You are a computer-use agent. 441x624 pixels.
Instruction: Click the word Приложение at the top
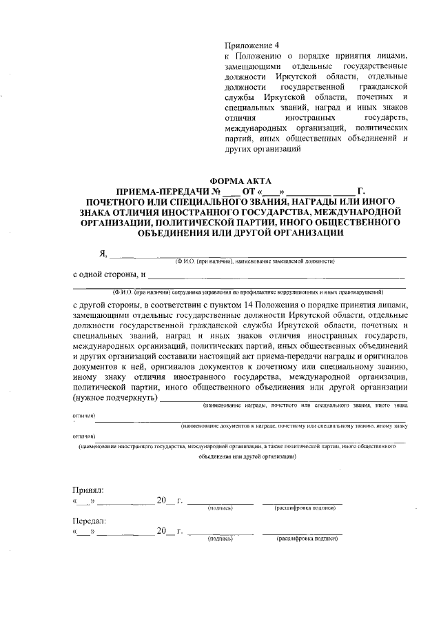pos(249,43)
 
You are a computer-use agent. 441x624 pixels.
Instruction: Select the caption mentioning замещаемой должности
pos(254,262)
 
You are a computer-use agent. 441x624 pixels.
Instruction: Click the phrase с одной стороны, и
pos(109,274)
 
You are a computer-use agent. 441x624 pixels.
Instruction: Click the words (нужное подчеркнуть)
pos(115,398)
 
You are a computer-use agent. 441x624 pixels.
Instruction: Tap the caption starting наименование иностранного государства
pos(237,447)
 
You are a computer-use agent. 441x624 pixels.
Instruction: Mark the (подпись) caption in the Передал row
pos(220,539)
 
